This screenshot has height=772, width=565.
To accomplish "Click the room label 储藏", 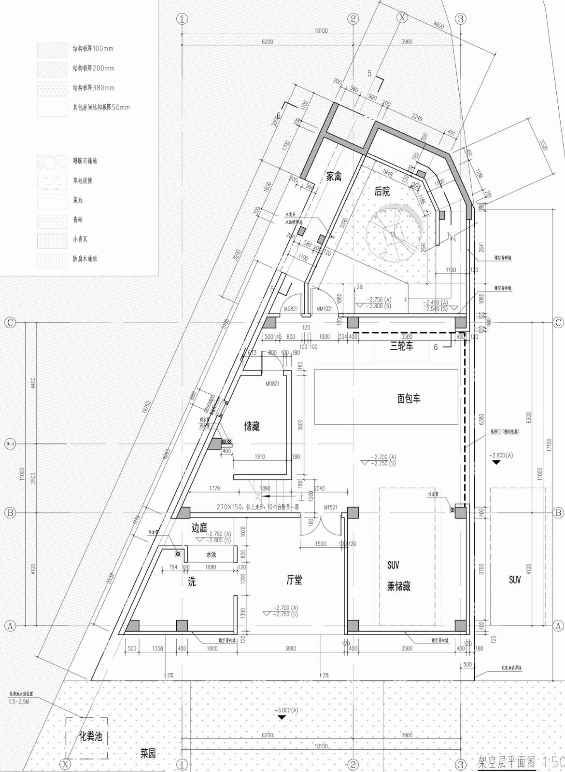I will [x=252, y=427].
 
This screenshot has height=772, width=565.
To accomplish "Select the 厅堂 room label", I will [x=294, y=580].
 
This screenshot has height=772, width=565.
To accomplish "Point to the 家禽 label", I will [x=333, y=177].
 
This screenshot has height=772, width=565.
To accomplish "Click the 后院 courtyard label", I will [x=382, y=192].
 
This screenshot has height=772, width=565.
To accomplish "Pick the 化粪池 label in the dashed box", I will [x=91, y=737].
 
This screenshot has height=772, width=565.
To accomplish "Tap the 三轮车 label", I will [x=402, y=346].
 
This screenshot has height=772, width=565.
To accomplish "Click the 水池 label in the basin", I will [x=211, y=555].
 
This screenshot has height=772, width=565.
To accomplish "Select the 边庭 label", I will [x=199, y=527].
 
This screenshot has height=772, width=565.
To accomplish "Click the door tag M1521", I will [x=330, y=508].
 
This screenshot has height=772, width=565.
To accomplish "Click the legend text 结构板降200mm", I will [x=94, y=69].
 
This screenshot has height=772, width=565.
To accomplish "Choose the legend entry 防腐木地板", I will [x=85, y=259].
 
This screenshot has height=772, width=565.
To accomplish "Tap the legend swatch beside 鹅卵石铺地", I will [x=52, y=162].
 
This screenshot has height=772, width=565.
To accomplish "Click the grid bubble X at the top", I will [x=402, y=18].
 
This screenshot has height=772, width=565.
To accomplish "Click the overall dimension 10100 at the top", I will [x=321, y=31].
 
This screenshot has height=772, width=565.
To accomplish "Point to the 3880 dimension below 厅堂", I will [x=291, y=648].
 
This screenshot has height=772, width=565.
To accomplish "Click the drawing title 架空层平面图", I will [x=507, y=762].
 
